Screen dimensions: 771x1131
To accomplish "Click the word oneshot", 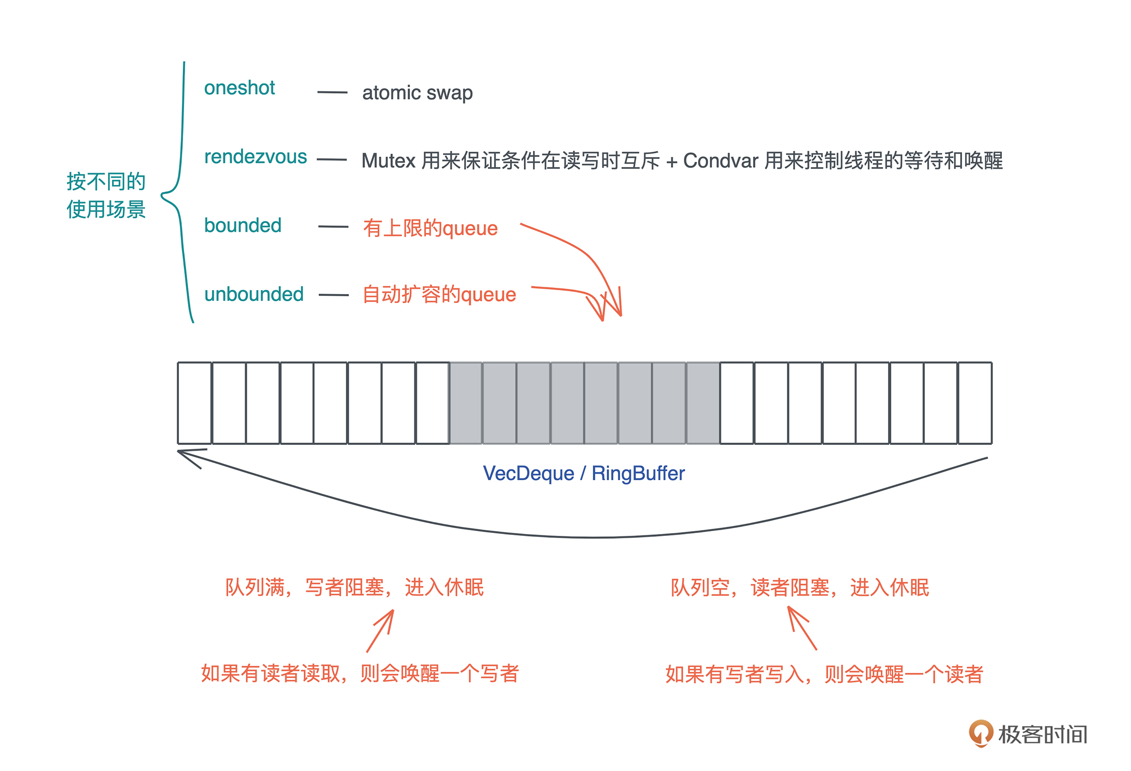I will click(x=239, y=88).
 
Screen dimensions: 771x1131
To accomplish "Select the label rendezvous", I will click(x=255, y=157).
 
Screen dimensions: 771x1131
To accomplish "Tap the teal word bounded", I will click(x=243, y=226).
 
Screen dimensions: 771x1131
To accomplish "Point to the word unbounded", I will click(x=254, y=294).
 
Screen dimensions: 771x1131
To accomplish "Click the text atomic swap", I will click(x=417, y=92).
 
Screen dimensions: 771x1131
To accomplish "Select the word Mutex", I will click(x=388, y=161).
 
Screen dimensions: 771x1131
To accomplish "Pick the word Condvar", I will click(x=720, y=161).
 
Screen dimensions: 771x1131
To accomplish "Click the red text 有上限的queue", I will click(x=430, y=228).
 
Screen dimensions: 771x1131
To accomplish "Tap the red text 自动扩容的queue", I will click(x=439, y=294).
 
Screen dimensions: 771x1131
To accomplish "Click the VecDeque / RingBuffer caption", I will click(x=584, y=474).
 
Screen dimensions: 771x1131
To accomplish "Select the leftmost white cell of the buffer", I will click(x=194, y=403).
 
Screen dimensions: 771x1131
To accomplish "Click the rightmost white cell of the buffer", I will click(x=975, y=403).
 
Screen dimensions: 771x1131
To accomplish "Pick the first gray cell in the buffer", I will click(x=466, y=403).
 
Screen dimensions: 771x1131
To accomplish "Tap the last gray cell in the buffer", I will click(x=703, y=403).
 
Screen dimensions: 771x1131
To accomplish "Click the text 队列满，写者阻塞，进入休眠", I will click(x=355, y=588).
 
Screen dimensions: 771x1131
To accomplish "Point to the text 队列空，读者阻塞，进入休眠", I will click(x=799, y=588).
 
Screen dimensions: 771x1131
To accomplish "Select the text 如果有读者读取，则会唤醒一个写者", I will click(x=360, y=674).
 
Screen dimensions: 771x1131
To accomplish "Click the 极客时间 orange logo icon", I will click(x=980, y=733).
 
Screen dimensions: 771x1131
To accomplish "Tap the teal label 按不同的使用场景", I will click(x=106, y=195).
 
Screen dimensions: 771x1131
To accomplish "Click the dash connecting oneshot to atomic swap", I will click(x=333, y=92).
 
